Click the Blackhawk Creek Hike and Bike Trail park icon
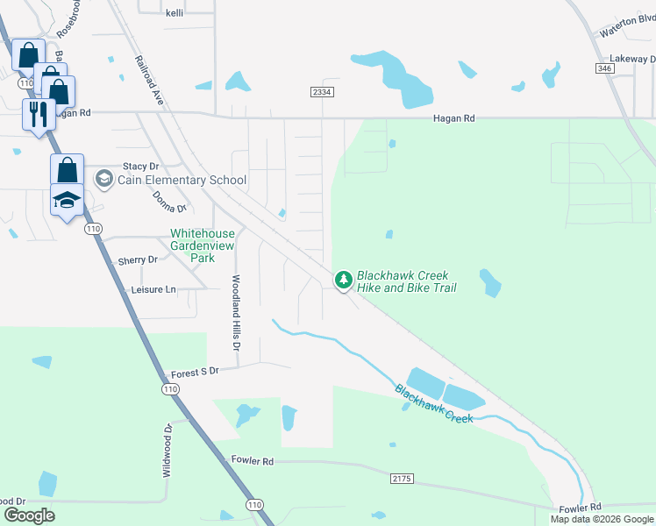(343, 280)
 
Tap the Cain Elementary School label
(184, 180)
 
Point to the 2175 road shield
(401, 478)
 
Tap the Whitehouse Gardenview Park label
(202, 246)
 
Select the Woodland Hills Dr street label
(236, 314)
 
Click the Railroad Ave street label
(150, 82)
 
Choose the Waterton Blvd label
(627, 26)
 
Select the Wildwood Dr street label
(167, 451)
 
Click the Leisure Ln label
(153, 288)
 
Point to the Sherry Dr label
(137, 260)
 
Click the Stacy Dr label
(140, 165)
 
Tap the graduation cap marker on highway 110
(68, 200)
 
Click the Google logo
(28, 515)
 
